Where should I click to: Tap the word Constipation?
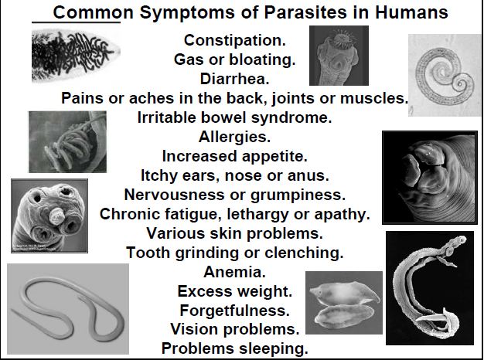coord(235,40)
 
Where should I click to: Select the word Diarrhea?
coord(234,79)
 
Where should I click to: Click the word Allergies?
coord(234,137)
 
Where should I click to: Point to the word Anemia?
coord(234,272)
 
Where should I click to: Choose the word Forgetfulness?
coord(234,311)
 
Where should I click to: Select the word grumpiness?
coord(298,195)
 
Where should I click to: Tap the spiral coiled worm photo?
coord(444,75)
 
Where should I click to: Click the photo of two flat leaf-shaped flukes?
coord(344,303)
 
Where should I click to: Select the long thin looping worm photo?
coord(68,309)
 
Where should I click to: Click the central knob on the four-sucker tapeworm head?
coord(56,216)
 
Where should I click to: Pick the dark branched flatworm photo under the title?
coord(76,56)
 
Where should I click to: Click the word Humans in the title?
coord(411,12)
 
